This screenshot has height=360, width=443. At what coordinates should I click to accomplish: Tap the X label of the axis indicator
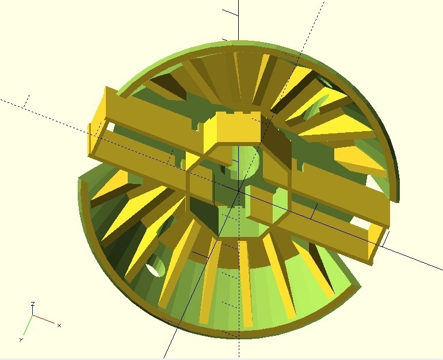click(59, 325)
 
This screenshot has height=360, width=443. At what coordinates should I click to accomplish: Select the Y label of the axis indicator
click(21, 340)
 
